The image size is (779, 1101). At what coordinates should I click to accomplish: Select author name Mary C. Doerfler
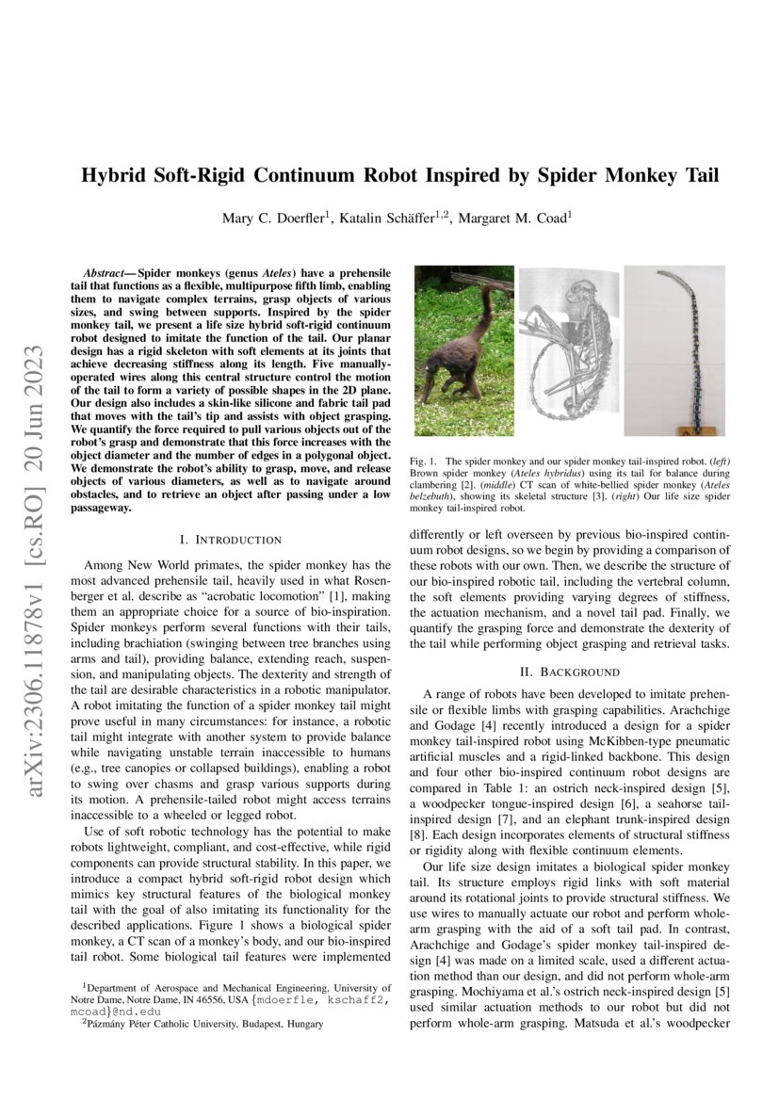[273, 219]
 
